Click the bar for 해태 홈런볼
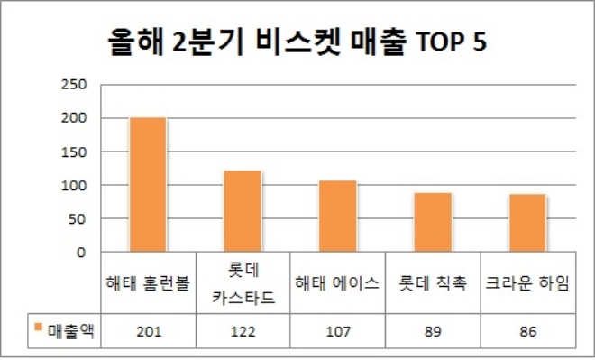point(147,185)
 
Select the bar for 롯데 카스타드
point(243,211)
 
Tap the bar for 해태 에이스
point(338,217)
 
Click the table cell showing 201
point(147,331)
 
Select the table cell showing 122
point(243,331)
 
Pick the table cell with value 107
point(338,331)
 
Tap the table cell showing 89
point(433,331)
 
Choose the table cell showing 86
point(527,331)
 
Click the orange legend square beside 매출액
point(38,329)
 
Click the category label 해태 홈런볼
point(147,284)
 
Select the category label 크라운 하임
point(527,284)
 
